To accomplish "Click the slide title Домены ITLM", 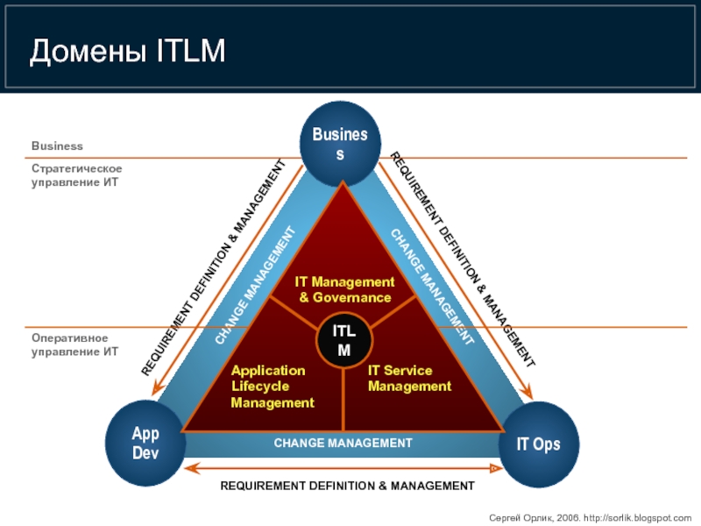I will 128,52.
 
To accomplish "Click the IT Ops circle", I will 537,445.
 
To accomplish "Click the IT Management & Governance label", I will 344,289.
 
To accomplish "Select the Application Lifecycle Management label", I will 272,387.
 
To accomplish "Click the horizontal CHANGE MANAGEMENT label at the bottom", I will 343,444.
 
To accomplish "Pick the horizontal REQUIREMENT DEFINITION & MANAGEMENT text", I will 347,486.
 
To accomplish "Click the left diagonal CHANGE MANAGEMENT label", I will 256,286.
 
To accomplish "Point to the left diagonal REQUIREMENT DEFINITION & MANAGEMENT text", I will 214,267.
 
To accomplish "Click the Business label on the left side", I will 57,146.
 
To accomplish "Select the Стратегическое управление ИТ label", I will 76,175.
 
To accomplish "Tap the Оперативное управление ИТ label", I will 74,345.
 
